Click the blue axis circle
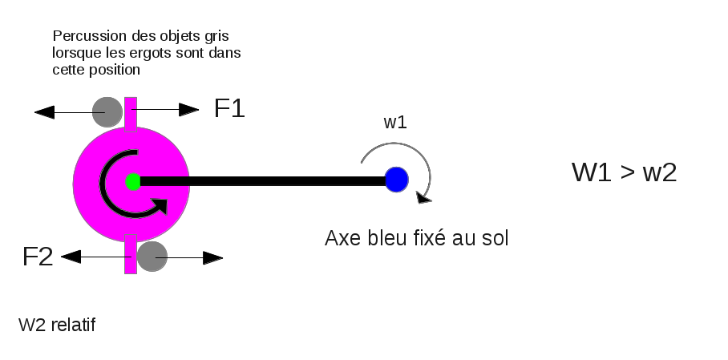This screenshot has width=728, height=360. pos(397,180)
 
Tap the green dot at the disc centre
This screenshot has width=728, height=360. pos(133,181)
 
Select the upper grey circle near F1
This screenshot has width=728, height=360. pos(107,111)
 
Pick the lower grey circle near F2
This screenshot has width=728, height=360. pos(152,257)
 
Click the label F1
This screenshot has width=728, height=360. pos(229,107)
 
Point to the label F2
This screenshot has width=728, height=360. pos(38,257)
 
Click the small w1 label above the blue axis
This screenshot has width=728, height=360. pos(395,122)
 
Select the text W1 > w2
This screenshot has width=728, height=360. pos(624,172)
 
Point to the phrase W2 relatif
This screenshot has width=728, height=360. pos(57,326)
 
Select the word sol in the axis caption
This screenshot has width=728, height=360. pos(495,238)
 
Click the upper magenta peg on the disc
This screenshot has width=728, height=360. pos(131,113)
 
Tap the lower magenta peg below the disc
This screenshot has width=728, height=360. pos(131,254)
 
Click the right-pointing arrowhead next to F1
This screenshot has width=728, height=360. pos(189,110)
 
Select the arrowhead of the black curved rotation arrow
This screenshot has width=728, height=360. pos(160,205)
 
